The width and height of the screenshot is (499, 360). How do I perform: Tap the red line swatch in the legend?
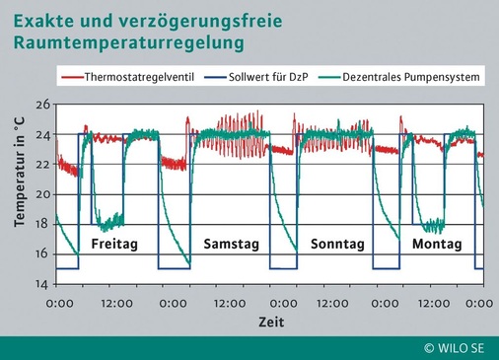(x=71, y=76)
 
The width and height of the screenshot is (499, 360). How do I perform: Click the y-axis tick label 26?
(x=42, y=105)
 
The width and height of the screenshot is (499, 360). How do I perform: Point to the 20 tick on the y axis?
(x=42, y=194)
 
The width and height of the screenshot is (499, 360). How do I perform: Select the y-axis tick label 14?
(x=42, y=284)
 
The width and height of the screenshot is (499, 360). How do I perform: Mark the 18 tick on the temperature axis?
(x=42, y=224)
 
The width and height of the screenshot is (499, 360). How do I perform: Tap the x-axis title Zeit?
(x=270, y=323)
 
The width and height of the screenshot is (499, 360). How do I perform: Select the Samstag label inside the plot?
(x=231, y=243)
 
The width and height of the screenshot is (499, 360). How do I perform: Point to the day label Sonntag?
(x=338, y=243)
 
